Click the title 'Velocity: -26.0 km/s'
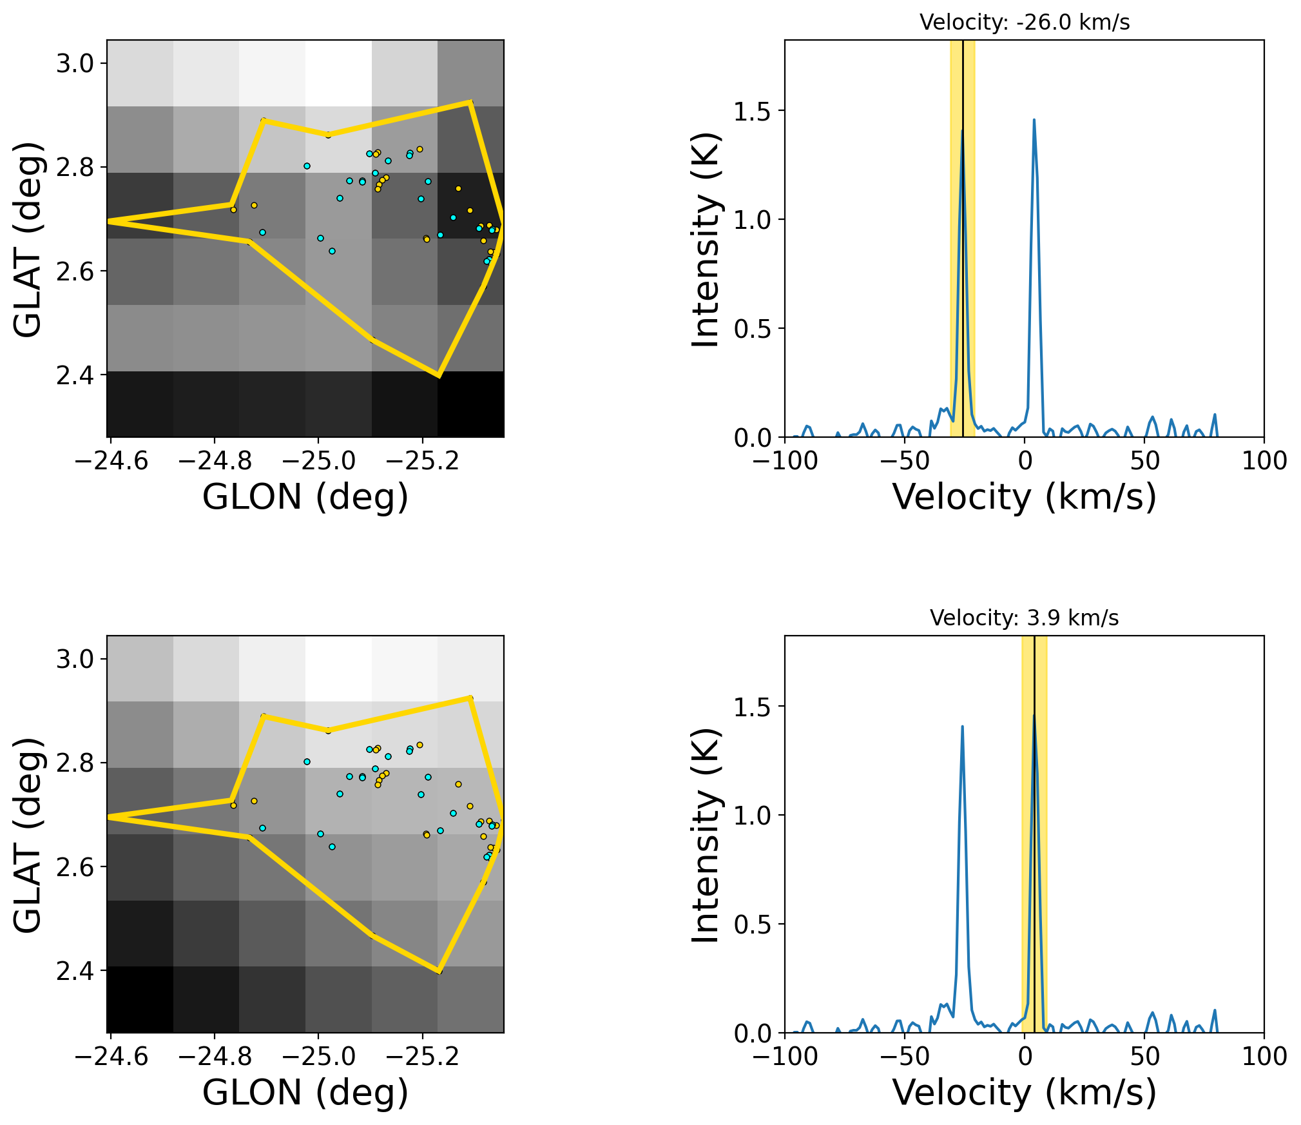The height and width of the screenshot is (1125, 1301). [1024, 23]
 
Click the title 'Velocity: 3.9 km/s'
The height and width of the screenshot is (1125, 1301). [1024, 618]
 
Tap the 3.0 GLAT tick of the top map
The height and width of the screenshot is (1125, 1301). [75, 64]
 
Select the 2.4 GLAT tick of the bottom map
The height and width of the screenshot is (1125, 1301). [75, 971]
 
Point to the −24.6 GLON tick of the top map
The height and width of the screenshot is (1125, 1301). [111, 461]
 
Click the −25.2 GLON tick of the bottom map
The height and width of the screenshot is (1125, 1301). [423, 1057]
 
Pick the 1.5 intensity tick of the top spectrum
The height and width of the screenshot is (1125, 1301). [752, 112]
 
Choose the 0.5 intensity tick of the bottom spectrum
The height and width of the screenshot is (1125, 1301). [752, 924]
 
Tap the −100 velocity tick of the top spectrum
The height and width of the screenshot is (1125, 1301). [785, 461]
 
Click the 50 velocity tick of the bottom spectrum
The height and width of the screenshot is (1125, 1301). [1144, 1057]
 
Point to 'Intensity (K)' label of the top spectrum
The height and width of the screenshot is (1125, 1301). [705, 239]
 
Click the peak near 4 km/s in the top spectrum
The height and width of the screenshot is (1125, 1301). [1034, 120]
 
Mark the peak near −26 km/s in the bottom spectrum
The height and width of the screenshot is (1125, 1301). [962, 727]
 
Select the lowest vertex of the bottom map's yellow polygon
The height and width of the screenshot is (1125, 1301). [439, 972]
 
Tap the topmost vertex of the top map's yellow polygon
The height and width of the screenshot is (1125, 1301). [470, 102]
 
